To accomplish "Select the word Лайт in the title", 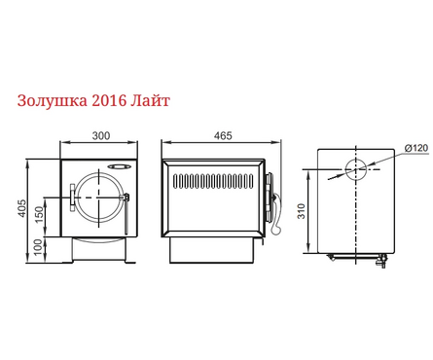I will pyautogui.click(x=162, y=100).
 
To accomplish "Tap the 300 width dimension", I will pyautogui.click(x=100, y=136).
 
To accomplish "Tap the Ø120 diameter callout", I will pyautogui.click(x=415, y=148).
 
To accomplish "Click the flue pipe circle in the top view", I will pyautogui.click(x=356, y=168).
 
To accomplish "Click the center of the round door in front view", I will pyautogui.click(x=99, y=198).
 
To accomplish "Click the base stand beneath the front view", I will pyautogui.click(x=100, y=250).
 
